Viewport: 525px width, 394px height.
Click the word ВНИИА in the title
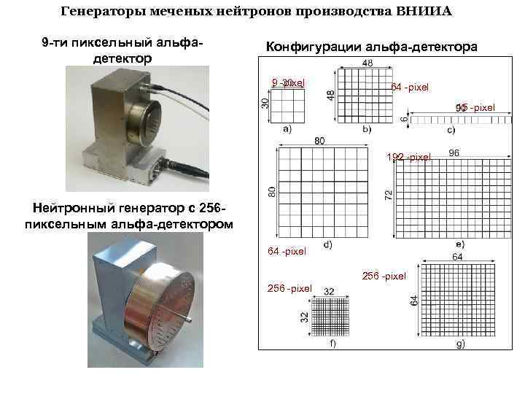click(424, 11)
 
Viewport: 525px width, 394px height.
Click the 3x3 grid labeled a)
click(288, 107)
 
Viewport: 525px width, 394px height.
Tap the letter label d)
click(327, 244)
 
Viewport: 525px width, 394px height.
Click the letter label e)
click(459, 244)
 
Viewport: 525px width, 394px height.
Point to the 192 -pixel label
click(409, 157)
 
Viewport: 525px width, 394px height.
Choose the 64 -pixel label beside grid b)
click(410, 88)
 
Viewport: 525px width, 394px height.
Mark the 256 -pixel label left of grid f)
click(289, 288)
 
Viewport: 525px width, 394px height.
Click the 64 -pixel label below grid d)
click(287, 252)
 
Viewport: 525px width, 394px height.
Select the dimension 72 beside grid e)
click(389, 194)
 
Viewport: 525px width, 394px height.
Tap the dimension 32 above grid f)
click(329, 291)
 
